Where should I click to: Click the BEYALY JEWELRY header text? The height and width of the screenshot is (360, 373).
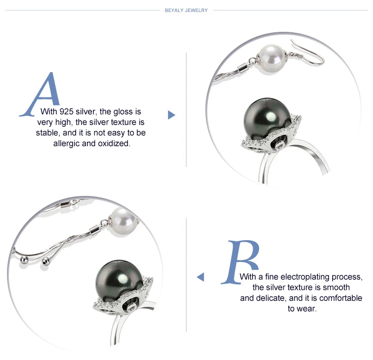coord(186,10)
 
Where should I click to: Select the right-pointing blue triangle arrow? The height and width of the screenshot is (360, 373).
coord(171,115)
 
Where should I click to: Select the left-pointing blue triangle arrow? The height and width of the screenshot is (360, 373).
coord(200,277)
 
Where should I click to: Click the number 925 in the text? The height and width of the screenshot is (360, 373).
coord(66,111)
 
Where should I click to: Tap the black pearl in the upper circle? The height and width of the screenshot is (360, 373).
coord(267,120)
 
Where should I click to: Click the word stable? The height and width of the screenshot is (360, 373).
coord(47,133)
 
